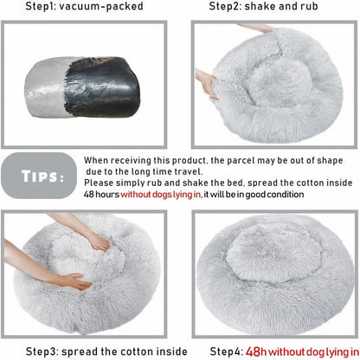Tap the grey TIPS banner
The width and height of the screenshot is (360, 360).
click(x=41, y=177)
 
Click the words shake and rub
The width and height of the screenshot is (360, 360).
click(x=294, y=7)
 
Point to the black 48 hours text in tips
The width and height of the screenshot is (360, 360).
click(x=102, y=195)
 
